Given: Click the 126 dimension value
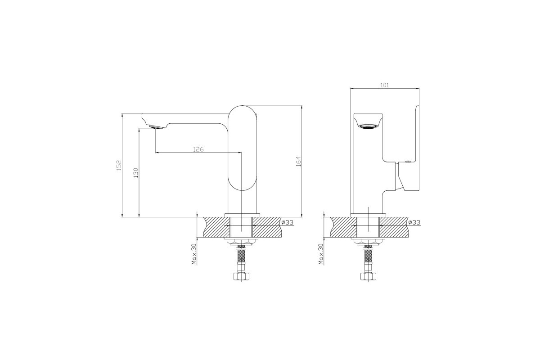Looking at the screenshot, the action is [x=198, y=149].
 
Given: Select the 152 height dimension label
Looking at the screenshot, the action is [x=119, y=166].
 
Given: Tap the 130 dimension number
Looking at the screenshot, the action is [x=136, y=173].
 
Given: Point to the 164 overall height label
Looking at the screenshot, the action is [x=298, y=162].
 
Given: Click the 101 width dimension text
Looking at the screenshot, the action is [x=384, y=85].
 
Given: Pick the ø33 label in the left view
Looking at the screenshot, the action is [x=288, y=222].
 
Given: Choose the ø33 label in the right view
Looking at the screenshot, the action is [x=414, y=222].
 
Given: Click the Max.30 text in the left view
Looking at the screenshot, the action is [x=194, y=254].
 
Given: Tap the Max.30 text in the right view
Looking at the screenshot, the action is [x=320, y=254].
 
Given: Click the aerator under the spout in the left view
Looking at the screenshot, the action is [x=156, y=127].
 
